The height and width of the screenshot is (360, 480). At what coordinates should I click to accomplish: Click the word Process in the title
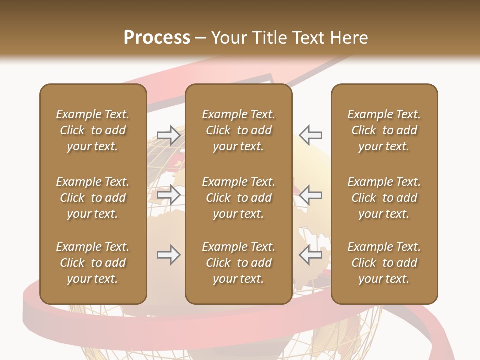[157, 38]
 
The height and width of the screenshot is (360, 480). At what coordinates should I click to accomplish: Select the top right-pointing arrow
[168, 135]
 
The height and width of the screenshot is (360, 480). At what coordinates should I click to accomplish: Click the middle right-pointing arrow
[168, 195]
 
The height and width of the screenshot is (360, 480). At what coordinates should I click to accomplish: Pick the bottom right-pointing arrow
[168, 255]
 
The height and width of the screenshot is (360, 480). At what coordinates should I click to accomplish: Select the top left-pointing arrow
[310, 135]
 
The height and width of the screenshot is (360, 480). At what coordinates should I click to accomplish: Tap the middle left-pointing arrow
[310, 195]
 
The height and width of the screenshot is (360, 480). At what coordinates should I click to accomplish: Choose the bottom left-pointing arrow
[310, 255]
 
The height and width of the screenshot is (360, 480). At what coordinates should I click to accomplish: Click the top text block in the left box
[93, 130]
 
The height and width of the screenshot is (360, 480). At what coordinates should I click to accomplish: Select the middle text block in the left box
[93, 198]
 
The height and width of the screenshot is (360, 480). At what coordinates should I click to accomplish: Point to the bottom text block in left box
[93, 263]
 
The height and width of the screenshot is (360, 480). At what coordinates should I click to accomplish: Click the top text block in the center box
[238, 130]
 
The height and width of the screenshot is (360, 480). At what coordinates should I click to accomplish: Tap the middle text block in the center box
[238, 198]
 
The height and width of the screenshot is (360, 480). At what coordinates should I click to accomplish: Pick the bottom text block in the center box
[238, 263]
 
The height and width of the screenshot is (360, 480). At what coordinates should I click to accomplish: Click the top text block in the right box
[384, 130]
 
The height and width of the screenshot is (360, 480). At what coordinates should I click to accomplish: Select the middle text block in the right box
[384, 198]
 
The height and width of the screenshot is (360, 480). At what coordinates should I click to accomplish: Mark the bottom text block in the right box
[384, 263]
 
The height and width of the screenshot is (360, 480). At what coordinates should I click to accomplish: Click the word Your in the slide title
[229, 38]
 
